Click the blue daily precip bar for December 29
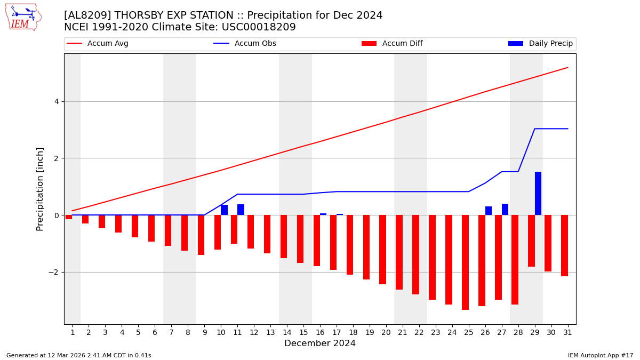tap(538, 193)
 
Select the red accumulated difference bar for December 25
tap(465, 262)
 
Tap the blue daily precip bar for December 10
tap(224, 210)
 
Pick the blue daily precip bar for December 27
tap(505, 209)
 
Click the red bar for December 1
tap(69, 217)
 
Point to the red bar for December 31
tap(564, 245)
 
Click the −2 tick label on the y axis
tap(54, 272)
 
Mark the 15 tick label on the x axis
tap(303, 332)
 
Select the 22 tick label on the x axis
tap(419, 332)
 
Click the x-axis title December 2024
tap(320, 343)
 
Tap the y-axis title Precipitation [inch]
tap(41, 189)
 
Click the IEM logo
tap(23, 17)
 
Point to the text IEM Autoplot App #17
tap(601, 355)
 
